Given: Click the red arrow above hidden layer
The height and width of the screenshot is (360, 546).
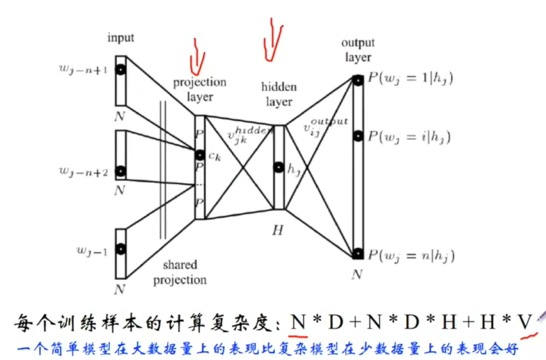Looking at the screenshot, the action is (272, 38).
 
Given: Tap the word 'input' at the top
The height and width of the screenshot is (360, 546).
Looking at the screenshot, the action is (120, 37).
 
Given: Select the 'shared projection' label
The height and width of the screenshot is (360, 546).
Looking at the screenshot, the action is (180, 272).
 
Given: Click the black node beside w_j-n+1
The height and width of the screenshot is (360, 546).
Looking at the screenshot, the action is (120, 70).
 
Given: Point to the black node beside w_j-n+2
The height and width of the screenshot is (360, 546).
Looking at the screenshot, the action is (120, 171).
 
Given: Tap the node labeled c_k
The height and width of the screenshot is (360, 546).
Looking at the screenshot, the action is (200, 155).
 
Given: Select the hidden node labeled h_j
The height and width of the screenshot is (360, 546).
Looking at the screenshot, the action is (279, 167).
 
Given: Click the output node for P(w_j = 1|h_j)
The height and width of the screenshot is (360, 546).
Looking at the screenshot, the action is (357, 80).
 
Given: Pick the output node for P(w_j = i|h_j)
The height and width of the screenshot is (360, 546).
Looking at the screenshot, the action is (357, 136).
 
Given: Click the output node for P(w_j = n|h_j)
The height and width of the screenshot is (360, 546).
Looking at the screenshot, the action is (357, 254).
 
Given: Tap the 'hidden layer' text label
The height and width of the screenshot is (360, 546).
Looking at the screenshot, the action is (279, 95).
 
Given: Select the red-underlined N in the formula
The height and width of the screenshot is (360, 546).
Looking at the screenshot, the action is (299, 322).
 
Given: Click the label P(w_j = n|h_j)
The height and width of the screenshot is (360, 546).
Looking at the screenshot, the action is (411, 256).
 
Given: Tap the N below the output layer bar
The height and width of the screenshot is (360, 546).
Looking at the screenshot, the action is (357, 274).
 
